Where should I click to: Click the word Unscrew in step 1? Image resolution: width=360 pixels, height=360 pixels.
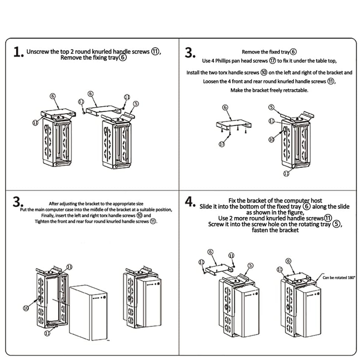tap(38, 51)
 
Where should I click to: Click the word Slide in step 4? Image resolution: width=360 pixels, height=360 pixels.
tap(207, 207)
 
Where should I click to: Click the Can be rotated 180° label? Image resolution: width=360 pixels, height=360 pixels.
tap(338, 278)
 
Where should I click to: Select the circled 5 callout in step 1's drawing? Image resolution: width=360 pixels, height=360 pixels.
tap(136, 103)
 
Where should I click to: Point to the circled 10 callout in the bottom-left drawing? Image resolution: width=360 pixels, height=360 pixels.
tap(26, 307)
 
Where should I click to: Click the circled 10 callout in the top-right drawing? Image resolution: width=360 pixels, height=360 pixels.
tap(271, 139)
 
